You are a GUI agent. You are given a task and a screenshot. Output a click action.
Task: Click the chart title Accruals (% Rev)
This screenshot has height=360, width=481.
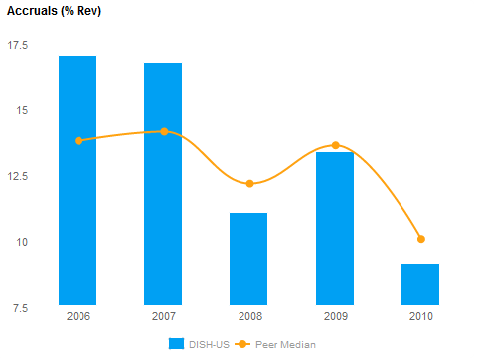[54, 11]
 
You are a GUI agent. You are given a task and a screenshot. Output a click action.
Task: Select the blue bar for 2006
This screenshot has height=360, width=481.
[78, 180]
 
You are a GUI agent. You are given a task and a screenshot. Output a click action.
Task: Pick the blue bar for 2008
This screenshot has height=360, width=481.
[248, 259]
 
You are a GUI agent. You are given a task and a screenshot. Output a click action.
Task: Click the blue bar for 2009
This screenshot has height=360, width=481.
[335, 229]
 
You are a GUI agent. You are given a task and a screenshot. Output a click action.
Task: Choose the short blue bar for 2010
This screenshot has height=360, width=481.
[420, 284]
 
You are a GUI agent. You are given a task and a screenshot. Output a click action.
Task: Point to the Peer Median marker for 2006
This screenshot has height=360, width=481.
[79, 140]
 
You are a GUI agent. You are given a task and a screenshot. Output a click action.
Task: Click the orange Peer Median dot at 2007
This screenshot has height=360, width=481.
[164, 131]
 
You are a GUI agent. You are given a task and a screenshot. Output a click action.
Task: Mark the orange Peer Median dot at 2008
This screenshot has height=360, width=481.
[249, 184]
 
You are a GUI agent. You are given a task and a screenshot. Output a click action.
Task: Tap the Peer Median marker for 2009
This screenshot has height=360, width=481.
[335, 145]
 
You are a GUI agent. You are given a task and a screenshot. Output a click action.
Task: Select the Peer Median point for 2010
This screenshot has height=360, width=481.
[421, 239]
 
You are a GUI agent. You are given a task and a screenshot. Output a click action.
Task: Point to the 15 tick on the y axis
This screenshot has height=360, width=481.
[22, 110]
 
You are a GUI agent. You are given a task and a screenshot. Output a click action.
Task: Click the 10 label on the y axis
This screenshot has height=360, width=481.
[22, 242]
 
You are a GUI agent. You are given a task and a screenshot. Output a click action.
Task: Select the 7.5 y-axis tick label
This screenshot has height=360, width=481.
[19, 307]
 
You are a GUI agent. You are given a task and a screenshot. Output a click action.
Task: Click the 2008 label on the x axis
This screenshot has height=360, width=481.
[248, 317]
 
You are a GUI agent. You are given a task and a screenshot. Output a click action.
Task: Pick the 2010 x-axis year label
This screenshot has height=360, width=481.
[420, 317]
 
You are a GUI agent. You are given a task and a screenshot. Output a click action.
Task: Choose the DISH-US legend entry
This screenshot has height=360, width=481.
[199, 344]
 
